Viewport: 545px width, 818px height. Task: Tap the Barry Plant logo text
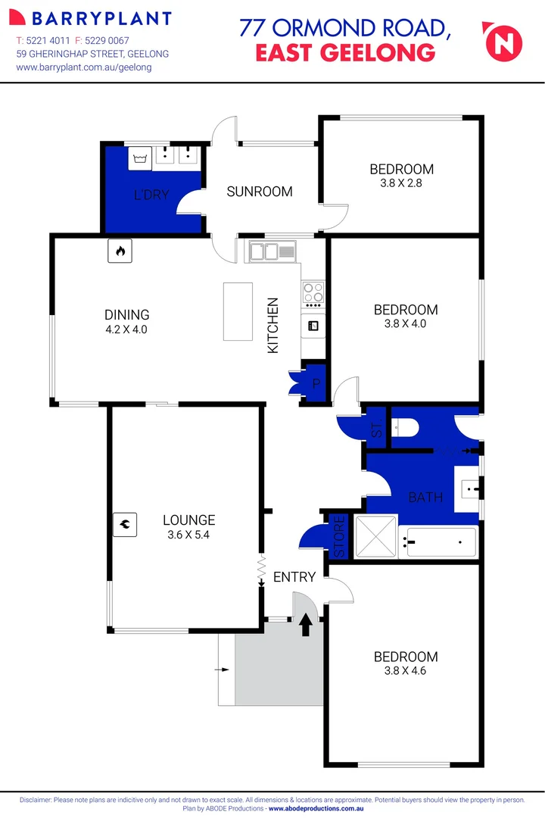coord(94,19)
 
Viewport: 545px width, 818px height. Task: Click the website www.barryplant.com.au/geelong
coord(84,67)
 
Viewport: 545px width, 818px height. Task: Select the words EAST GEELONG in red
coord(345,52)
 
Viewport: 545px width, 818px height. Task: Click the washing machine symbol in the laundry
coord(139,158)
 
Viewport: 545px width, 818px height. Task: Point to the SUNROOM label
coord(260,192)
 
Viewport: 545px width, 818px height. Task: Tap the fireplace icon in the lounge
coord(124,523)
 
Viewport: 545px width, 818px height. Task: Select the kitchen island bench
coord(238,311)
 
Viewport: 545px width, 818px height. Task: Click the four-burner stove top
coord(313,292)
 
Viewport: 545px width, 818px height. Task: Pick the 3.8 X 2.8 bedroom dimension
coord(401,183)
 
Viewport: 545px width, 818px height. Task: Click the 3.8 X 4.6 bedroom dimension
coord(405,670)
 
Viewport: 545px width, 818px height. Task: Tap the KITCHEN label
coord(273,325)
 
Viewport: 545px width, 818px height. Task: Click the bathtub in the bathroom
coord(441,542)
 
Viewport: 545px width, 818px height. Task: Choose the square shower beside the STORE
coord(375,536)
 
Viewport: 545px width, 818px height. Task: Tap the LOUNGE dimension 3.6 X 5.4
coord(189,534)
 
